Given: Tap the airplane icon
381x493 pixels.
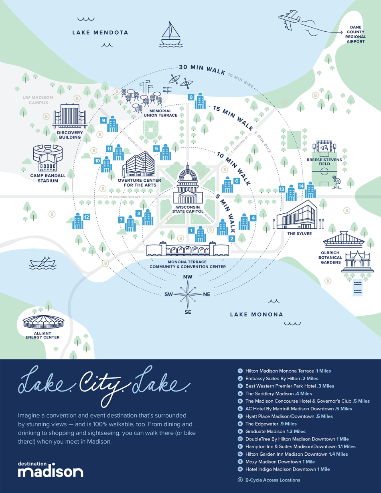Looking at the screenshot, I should (x=289, y=19).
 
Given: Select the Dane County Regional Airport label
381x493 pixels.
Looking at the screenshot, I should (x=356, y=34).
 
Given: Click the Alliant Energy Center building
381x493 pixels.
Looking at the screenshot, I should (x=42, y=322).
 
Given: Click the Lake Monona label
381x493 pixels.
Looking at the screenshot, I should (x=256, y=314).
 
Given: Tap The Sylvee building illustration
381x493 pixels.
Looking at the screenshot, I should (x=296, y=217).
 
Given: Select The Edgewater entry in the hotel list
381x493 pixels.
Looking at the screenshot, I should (x=271, y=424).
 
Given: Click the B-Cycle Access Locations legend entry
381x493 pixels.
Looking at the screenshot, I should (x=272, y=480).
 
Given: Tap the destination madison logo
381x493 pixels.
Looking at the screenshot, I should (x=51, y=469).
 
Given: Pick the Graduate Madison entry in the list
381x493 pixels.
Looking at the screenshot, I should (x=275, y=431).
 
